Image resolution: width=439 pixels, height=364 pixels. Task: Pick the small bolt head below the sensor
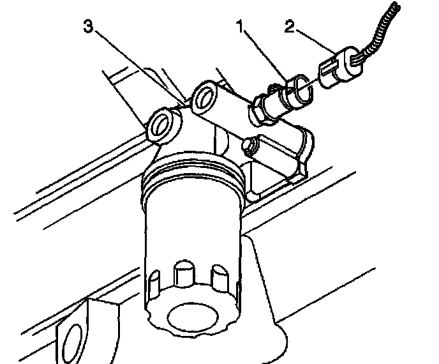coord(251,146)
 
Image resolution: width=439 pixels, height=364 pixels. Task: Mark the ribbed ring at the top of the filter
coord(191,176)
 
